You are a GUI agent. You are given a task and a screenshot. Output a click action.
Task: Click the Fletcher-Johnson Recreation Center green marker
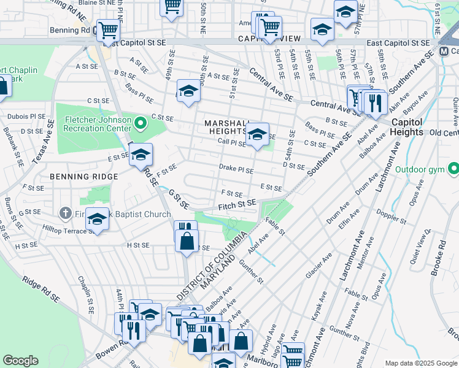tap(141, 124)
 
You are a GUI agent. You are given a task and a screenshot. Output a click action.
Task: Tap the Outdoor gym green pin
tap(453, 168)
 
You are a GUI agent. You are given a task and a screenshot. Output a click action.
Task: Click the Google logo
tap(20, 361)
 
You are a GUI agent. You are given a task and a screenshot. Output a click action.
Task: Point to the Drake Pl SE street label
tap(236, 168)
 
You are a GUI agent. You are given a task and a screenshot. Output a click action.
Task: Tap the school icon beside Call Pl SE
tap(258, 133)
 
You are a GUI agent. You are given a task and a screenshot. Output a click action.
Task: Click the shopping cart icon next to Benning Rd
tap(108, 29)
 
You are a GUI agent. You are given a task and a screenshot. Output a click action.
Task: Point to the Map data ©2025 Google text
tap(421, 363)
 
